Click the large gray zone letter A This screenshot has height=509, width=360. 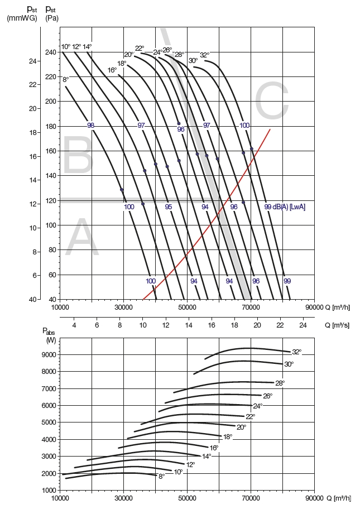click(82, 239)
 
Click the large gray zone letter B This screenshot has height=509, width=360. click(77, 156)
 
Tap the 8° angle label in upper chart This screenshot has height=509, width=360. click(66, 80)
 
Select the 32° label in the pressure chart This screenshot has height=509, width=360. click(205, 55)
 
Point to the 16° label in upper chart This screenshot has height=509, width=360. click(112, 70)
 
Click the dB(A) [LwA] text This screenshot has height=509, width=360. click(289, 207)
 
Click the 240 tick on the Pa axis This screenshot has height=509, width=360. click(51, 52)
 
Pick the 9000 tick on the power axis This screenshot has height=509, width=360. click(49, 354)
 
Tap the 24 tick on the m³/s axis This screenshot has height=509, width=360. click(303, 325)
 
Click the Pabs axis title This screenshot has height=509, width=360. click(50, 335)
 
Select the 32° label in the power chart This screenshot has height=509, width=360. click(296, 352)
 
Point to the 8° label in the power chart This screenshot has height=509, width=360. click(161, 476)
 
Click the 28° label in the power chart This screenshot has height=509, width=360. click(280, 383)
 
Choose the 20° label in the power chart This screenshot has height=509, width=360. click(241, 428)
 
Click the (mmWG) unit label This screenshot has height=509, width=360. click(22, 18)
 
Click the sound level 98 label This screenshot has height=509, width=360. click(90, 126)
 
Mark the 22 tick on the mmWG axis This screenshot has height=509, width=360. click(32, 84)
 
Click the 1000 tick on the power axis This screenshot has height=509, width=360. click(49, 490)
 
